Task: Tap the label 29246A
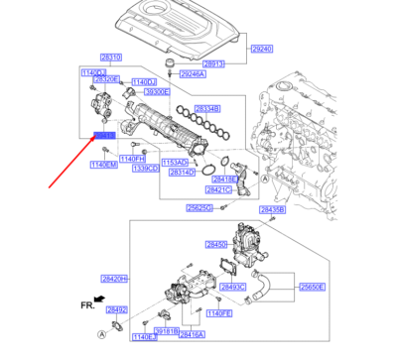[193, 74]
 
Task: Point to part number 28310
[111, 58]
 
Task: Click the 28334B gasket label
[207, 106]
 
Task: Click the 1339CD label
[146, 169]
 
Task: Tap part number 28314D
[182, 171]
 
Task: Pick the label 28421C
[218, 188]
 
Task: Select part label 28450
[217, 243]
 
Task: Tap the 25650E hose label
[313, 286]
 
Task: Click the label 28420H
[113, 280]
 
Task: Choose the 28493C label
[232, 287]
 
